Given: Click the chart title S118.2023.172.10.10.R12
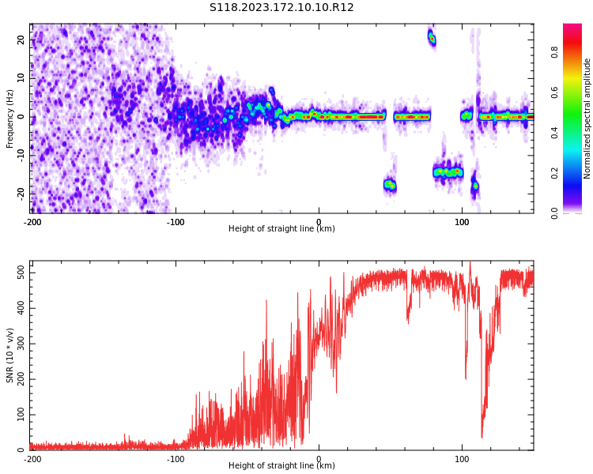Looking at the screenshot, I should coord(281,8).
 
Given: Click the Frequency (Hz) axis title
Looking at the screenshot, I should coord(9,118).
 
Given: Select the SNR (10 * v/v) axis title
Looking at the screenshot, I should coord(10,355).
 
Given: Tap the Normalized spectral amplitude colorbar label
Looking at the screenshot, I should coord(587,118).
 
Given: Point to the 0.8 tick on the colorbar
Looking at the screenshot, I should coord(576,51).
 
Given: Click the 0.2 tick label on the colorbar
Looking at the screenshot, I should coord(576,173).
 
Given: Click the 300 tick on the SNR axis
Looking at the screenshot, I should coord(20,343).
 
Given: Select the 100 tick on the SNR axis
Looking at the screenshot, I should coord(20,415).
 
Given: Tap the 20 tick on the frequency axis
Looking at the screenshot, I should coord(22,39).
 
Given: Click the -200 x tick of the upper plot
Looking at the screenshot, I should coord(32,222).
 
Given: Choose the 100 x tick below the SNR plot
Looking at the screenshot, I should coord(463,459).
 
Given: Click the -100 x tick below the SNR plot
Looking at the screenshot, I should coord(176,459).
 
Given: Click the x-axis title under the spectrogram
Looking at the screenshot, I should coord(281,229).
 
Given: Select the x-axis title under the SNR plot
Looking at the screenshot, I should coord(281,466).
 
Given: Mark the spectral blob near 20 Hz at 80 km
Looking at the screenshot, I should coord(432,38).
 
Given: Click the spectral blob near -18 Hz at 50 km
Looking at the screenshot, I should coord(390,186).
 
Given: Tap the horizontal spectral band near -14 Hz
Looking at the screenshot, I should coord(448,171).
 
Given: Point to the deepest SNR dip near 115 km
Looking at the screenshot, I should coord(482,436).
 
